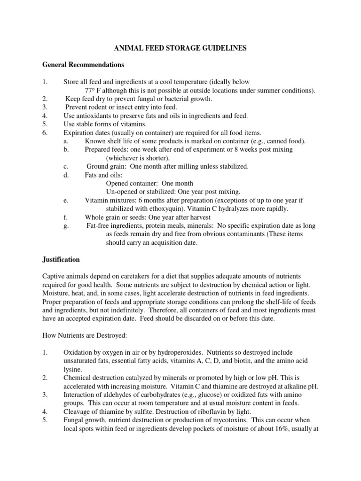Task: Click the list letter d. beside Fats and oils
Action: (x=65, y=175)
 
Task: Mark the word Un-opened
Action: (x=123, y=192)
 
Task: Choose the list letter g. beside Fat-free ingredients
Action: (x=65, y=225)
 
